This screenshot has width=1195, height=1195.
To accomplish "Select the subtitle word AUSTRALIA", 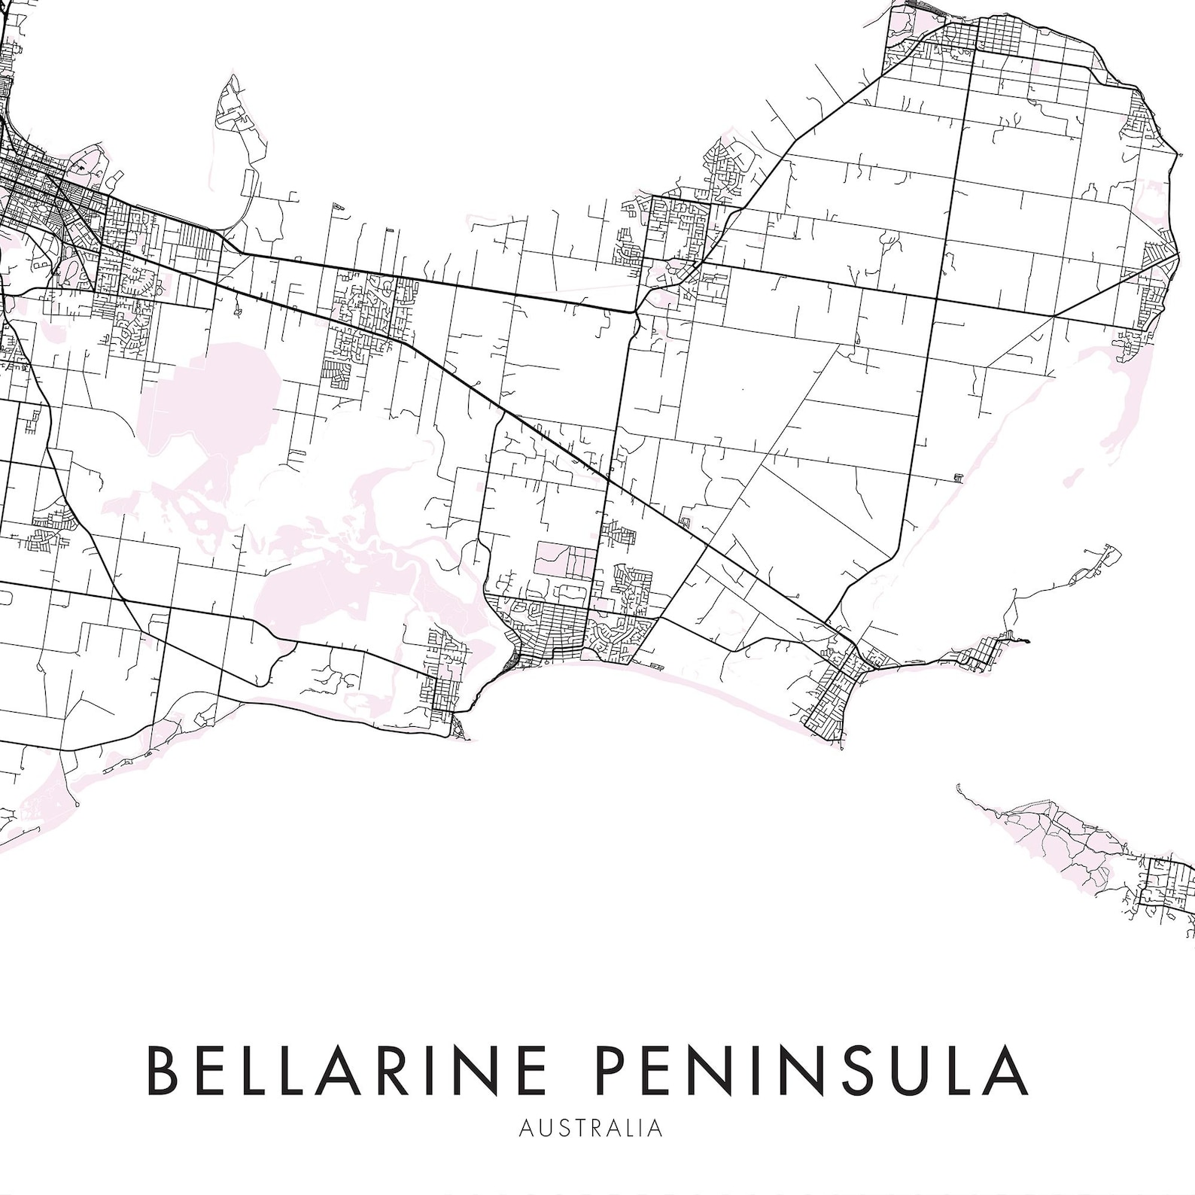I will click(591, 1128).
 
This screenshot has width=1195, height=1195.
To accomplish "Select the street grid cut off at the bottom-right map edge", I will click(1166, 895).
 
